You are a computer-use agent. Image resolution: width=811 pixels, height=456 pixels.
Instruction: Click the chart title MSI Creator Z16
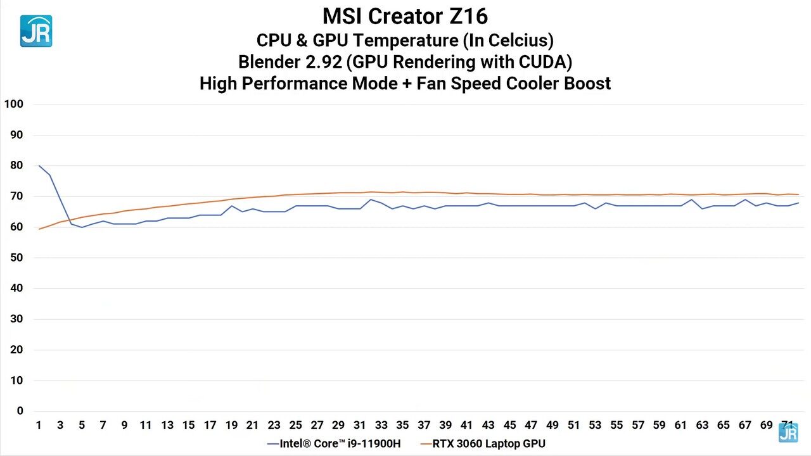pyautogui.click(x=405, y=16)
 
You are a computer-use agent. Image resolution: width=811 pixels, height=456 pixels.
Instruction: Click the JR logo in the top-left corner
pyautogui.click(x=36, y=31)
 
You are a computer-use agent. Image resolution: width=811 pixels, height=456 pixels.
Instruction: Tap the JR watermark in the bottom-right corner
pyautogui.click(x=788, y=433)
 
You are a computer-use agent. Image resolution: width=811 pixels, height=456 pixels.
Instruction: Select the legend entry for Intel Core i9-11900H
pyautogui.click(x=336, y=443)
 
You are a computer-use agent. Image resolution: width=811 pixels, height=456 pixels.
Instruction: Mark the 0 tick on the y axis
pyautogui.click(x=20, y=411)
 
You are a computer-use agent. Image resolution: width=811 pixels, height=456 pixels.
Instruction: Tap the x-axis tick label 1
pyautogui.click(x=39, y=425)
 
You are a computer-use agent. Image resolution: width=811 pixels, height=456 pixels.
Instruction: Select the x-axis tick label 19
pyautogui.click(x=231, y=425)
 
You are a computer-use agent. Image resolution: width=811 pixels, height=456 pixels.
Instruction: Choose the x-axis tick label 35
pyautogui.click(x=402, y=425)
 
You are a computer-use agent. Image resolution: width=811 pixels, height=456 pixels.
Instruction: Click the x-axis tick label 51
pyautogui.click(x=573, y=425)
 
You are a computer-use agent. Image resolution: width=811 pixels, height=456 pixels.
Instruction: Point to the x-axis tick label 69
pyautogui.click(x=766, y=425)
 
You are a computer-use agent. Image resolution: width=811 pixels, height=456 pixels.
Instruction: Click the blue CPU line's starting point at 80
pyautogui.click(x=39, y=166)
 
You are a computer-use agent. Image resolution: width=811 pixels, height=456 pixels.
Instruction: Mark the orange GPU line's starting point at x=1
pyautogui.click(x=39, y=229)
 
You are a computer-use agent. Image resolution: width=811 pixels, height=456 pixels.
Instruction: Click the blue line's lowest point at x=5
pyautogui.click(x=82, y=227)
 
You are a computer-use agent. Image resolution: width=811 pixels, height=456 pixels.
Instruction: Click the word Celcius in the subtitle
pyautogui.click(x=515, y=41)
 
